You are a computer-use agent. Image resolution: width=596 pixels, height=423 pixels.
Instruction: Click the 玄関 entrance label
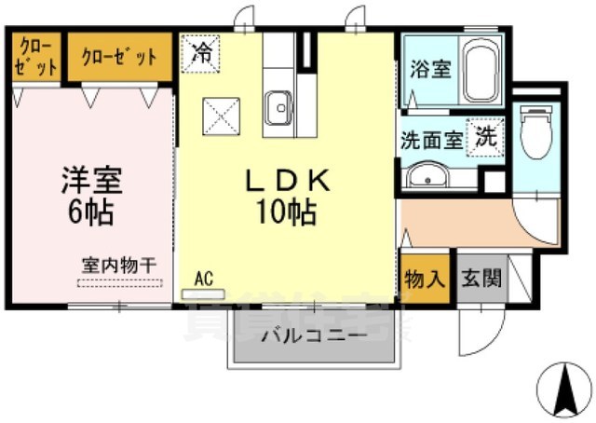pyautogui.click(x=481, y=278)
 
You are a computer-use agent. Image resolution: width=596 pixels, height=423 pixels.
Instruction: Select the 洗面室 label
pyautogui.click(x=431, y=141)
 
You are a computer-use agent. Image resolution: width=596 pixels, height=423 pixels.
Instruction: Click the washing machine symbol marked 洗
pyautogui.click(x=486, y=136)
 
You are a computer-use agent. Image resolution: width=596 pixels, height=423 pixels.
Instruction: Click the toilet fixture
pyautogui.click(x=536, y=134)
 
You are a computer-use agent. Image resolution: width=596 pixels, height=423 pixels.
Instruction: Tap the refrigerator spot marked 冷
pyautogui.click(x=200, y=51)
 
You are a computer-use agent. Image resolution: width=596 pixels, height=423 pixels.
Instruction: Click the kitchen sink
pyautogui.click(x=278, y=108)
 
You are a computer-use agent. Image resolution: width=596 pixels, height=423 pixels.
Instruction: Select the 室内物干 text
pyautogui.click(x=118, y=266)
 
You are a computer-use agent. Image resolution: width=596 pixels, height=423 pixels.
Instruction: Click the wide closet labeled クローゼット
pyautogui.click(x=119, y=57)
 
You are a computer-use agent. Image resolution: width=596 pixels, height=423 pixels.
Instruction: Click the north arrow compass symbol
pyautogui.click(x=566, y=389)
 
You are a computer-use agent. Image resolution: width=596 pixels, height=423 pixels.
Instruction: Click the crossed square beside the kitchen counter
pyautogui.click(x=222, y=116)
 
